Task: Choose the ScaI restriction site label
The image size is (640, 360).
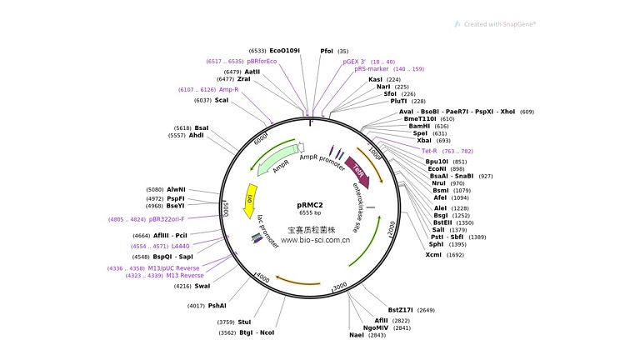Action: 222,100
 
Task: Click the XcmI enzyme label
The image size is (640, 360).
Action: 433,255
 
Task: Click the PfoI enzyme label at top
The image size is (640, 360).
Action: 327,51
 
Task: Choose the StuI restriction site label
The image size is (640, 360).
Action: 244,322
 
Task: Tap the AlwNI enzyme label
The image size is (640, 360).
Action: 177,189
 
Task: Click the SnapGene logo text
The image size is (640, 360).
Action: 500,24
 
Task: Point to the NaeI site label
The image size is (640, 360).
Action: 357,335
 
